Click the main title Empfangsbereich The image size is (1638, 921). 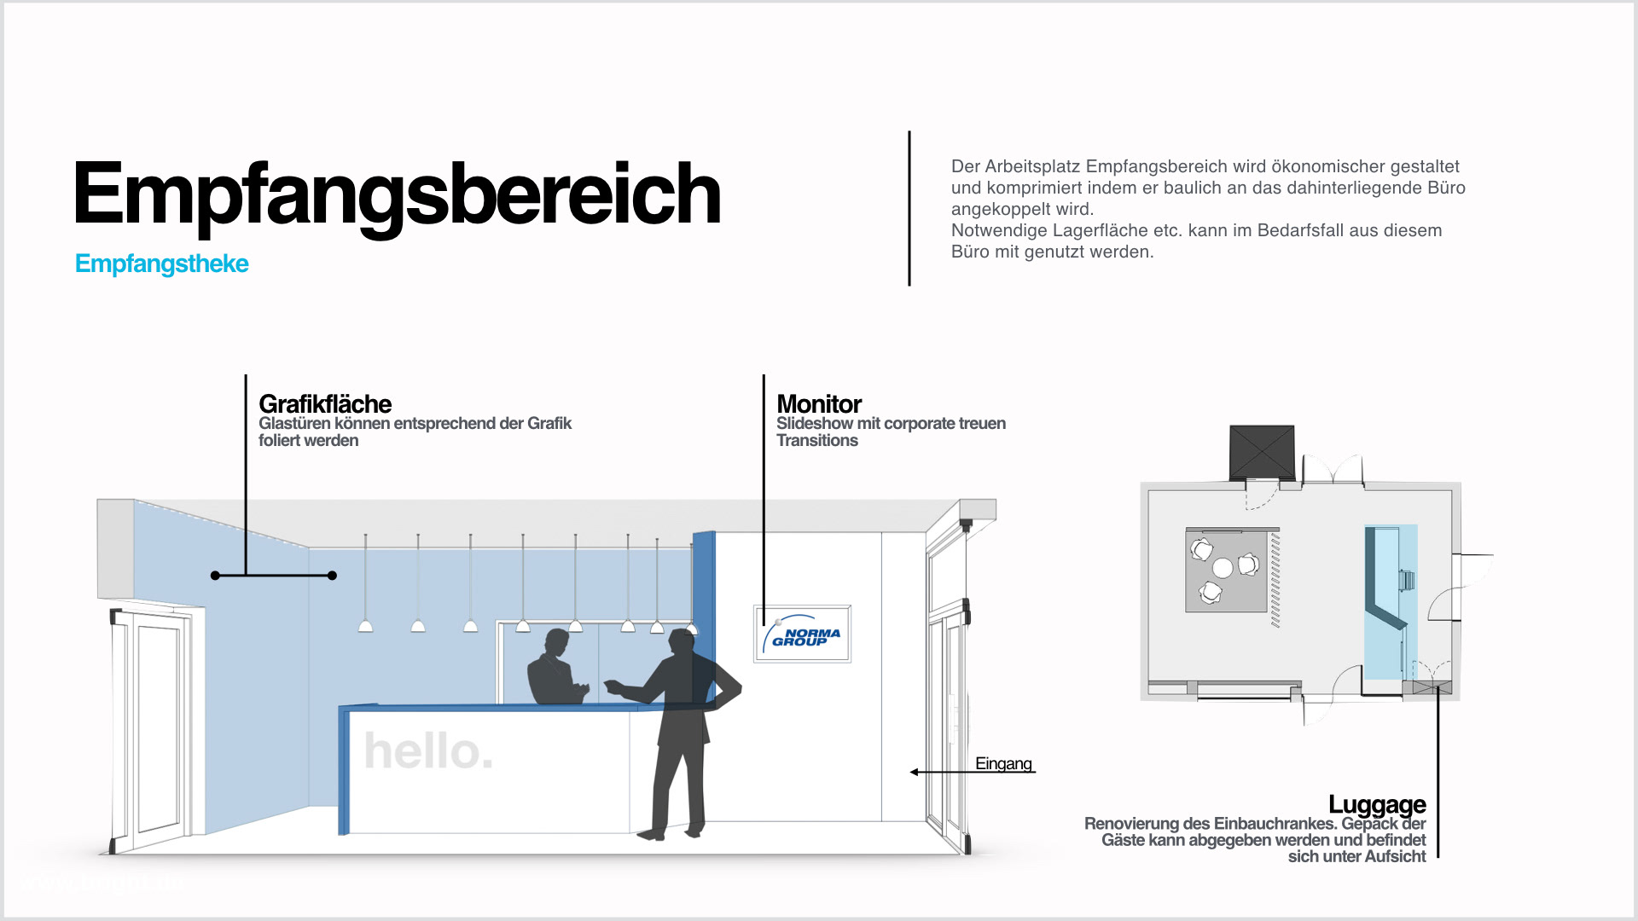click(397, 194)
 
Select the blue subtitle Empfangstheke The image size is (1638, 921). click(162, 264)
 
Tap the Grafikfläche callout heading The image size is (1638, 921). click(325, 403)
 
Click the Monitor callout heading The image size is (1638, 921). click(819, 403)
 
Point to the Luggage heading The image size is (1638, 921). click(1377, 804)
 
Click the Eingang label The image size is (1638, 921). click(1003, 764)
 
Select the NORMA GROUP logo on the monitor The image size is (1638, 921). click(803, 634)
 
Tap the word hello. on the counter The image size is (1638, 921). click(428, 751)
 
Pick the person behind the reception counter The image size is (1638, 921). click(555, 669)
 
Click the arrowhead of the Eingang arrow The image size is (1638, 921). click(915, 773)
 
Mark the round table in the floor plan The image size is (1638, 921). click(1223, 567)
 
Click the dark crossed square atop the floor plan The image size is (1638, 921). click(1262, 452)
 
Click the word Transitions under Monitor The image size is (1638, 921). click(817, 441)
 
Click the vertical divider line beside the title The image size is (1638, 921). click(909, 208)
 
